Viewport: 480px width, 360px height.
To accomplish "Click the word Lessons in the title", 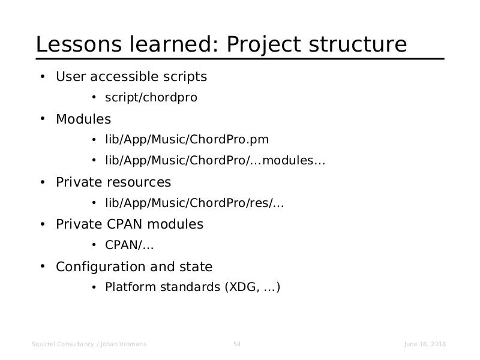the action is (x=79, y=44).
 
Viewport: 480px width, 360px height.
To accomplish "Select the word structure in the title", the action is (x=358, y=44).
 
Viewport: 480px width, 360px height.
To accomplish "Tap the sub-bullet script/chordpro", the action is (x=151, y=98).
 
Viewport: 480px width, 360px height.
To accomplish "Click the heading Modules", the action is (x=83, y=119).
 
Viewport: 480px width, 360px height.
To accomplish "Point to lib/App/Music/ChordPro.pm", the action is (x=187, y=140).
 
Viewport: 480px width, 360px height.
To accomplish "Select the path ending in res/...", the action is (x=194, y=203).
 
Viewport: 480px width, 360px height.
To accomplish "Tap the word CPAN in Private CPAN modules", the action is (x=124, y=224).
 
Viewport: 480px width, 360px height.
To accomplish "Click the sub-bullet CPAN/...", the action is (x=129, y=245).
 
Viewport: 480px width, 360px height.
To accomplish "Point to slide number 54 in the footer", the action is (x=237, y=344).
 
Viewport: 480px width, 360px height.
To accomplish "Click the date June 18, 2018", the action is (x=425, y=344).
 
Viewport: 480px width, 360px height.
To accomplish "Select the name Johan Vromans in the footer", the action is (x=124, y=344).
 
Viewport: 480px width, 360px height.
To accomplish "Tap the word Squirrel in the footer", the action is (x=43, y=344).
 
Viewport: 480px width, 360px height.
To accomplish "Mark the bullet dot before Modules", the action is (x=43, y=119).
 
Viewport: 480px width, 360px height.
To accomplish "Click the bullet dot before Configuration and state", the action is (x=43, y=266).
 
